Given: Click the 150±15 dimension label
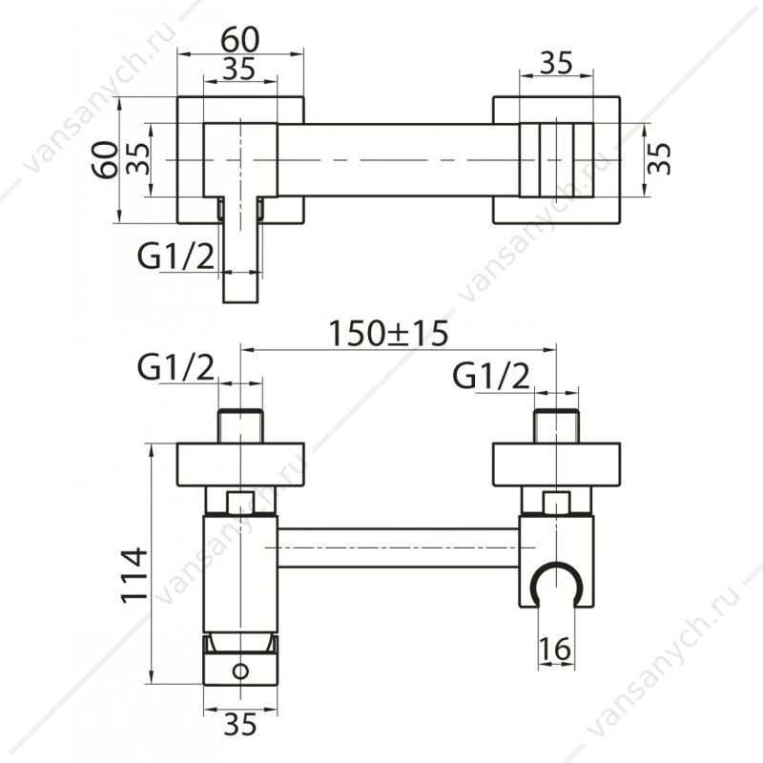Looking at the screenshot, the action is click(x=388, y=334).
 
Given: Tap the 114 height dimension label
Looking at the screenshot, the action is click(x=134, y=576).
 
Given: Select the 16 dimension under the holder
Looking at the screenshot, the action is click(x=555, y=650).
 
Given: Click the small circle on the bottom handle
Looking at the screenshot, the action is click(x=240, y=671).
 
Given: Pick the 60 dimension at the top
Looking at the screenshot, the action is click(x=240, y=40).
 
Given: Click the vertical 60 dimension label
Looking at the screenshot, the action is click(x=105, y=159).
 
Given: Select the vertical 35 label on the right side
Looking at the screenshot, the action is click(x=659, y=158).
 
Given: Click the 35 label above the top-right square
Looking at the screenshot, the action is click(x=557, y=63).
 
